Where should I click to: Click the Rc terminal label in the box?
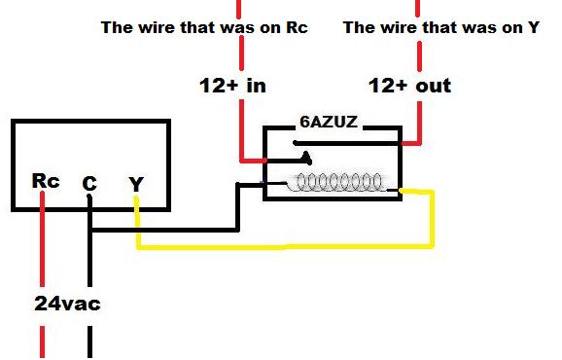(46, 180)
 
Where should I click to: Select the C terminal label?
(89, 183)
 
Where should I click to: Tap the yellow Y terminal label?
(135, 182)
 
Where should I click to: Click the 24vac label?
(67, 304)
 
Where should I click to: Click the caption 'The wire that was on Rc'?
(204, 27)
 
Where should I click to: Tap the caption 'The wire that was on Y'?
(441, 27)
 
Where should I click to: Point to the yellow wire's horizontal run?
(282, 246)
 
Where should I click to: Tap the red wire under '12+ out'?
(418, 122)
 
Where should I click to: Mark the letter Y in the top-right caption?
(533, 27)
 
